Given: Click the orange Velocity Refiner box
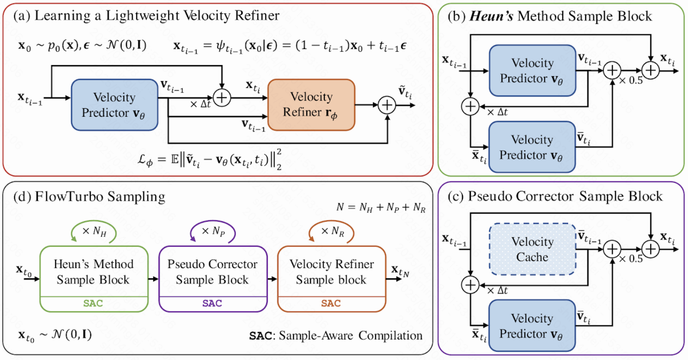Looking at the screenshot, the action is coord(312,105).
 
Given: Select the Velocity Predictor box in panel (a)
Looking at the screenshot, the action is coord(115,105).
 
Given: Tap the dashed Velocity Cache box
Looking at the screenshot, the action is coord(532,249).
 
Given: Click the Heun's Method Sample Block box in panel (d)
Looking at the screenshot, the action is coord(94,279).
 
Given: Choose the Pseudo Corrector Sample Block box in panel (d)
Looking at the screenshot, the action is coord(212,279).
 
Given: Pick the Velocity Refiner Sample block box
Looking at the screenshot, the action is coord(331,279).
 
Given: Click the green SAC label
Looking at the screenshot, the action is coord(93,303).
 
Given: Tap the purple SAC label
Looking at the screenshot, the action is coord(212,303).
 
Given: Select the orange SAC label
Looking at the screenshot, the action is coord(331,303).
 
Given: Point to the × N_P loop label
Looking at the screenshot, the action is coord(213,231).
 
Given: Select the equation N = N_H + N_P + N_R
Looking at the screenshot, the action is coord(381,208).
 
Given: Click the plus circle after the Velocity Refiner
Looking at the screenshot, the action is coord(387,105).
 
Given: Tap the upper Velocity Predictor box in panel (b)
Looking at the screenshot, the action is coord(532,70).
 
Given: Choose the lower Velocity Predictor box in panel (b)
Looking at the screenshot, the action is coord(532,147).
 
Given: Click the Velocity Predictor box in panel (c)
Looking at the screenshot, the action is coord(532,325).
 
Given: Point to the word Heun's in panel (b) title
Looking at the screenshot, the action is coord(491,16).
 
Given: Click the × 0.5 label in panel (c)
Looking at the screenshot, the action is coord(631,259).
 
